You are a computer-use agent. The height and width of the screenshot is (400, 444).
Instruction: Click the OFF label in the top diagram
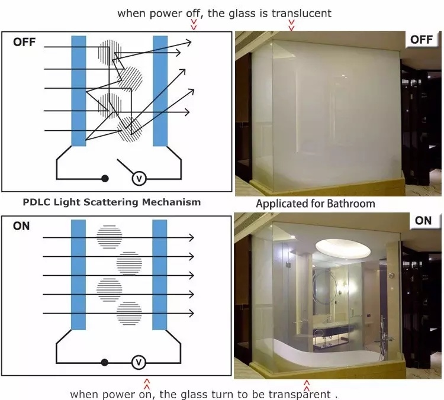(25, 42)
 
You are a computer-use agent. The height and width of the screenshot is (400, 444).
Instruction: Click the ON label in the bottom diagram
(21, 226)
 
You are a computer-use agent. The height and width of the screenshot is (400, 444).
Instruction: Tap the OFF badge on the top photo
(422, 40)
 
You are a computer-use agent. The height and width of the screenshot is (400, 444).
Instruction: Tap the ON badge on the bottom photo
(423, 221)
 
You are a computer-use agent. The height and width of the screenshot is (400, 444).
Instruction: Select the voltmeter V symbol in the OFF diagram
(139, 178)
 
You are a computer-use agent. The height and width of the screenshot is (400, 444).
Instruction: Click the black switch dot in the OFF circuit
(105, 178)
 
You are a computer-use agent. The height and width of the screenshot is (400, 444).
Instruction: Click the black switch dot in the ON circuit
(105, 362)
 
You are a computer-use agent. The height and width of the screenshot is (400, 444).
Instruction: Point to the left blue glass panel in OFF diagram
(79, 90)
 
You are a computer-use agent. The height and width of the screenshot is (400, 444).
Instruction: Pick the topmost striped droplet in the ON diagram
(110, 236)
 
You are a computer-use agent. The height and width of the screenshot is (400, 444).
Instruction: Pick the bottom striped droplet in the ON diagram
(129, 314)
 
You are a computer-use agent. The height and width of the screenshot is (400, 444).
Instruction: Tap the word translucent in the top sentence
(301, 12)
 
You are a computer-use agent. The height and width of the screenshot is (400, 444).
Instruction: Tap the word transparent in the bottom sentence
(299, 393)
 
